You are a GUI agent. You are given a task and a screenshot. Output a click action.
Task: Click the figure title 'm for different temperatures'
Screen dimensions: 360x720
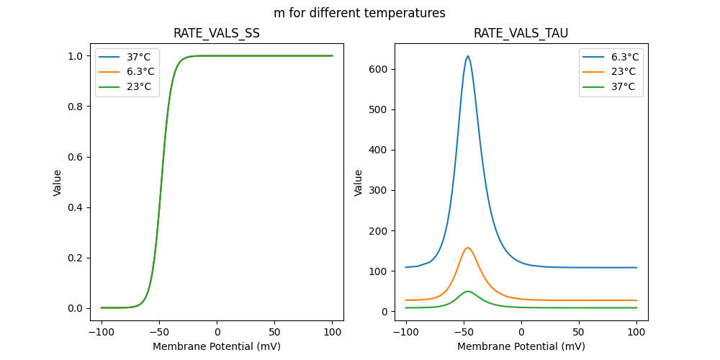coord(359,13)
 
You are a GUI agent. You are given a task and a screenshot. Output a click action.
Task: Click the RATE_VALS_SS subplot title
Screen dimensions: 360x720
coord(217,33)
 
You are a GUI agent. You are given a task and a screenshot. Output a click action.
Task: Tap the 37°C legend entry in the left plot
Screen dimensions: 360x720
coord(139,56)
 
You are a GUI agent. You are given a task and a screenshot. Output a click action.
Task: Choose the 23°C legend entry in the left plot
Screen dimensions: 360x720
coord(139,86)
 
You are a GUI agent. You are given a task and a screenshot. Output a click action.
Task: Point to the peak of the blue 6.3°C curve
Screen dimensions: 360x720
coord(468,55)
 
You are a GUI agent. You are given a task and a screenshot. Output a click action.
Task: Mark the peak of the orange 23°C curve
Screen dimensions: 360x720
coord(468,248)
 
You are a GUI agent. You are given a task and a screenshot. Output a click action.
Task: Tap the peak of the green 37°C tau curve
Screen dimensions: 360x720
coord(468,292)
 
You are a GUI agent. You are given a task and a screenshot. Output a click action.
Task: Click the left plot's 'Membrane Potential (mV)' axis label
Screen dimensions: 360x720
coord(217,346)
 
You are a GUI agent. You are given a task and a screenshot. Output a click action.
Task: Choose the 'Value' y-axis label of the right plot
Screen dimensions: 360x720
coord(358,182)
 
